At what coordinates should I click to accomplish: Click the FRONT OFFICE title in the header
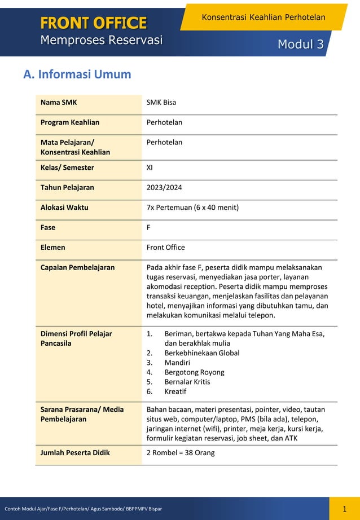[93, 23]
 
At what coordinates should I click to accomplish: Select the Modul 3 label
[300, 45]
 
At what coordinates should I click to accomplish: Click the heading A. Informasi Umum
[77, 74]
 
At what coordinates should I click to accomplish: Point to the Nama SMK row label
[59, 103]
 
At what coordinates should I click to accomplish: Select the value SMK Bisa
[161, 103]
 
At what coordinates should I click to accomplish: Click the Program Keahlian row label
[70, 122]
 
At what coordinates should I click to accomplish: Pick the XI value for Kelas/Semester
[150, 168]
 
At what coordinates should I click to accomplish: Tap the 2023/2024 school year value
[164, 187]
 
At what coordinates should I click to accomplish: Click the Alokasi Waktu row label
[64, 208]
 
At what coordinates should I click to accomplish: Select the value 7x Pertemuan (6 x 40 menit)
[192, 208]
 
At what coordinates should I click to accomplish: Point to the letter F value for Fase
[149, 227]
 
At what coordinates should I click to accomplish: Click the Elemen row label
[53, 247]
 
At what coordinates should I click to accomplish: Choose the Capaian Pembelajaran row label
[77, 267]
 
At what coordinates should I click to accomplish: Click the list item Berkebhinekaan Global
[201, 353]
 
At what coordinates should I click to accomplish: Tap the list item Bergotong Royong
[194, 372]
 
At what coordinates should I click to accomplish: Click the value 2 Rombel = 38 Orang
[181, 453]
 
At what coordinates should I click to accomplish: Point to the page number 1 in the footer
[344, 509]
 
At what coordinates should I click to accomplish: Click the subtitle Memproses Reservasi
[101, 41]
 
